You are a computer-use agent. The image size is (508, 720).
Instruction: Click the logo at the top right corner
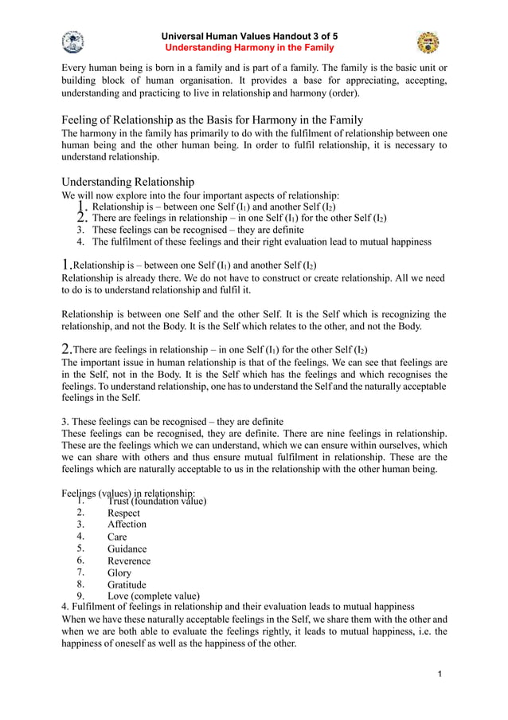coord(428,42)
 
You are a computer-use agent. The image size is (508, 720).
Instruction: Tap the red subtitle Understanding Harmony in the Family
coord(249,48)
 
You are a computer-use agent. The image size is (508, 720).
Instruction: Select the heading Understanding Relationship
coord(128,181)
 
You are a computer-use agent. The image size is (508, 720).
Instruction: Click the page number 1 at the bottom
coord(439,675)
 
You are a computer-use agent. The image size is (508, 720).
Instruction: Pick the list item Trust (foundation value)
coord(157,502)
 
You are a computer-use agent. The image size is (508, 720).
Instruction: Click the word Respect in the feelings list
coord(123,513)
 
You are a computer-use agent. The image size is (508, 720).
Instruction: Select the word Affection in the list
coord(127,525)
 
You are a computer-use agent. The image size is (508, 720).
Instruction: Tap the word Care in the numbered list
coord(117,537)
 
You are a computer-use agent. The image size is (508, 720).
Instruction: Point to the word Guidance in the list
coord(127,549)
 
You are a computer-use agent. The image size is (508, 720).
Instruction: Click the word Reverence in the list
coord(129,561)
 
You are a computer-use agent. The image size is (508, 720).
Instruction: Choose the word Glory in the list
coord(119,572)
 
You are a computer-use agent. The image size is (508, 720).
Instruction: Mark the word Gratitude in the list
coord(127,584)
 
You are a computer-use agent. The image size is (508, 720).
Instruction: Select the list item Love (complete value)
coord(153,596)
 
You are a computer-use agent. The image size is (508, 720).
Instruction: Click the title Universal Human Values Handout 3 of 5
coord(249,37)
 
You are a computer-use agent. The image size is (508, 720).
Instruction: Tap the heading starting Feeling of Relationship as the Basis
coord(213,120)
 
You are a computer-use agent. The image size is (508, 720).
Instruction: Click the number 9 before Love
coord(80,596)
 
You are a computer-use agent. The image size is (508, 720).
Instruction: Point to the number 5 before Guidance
coord(80,549)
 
